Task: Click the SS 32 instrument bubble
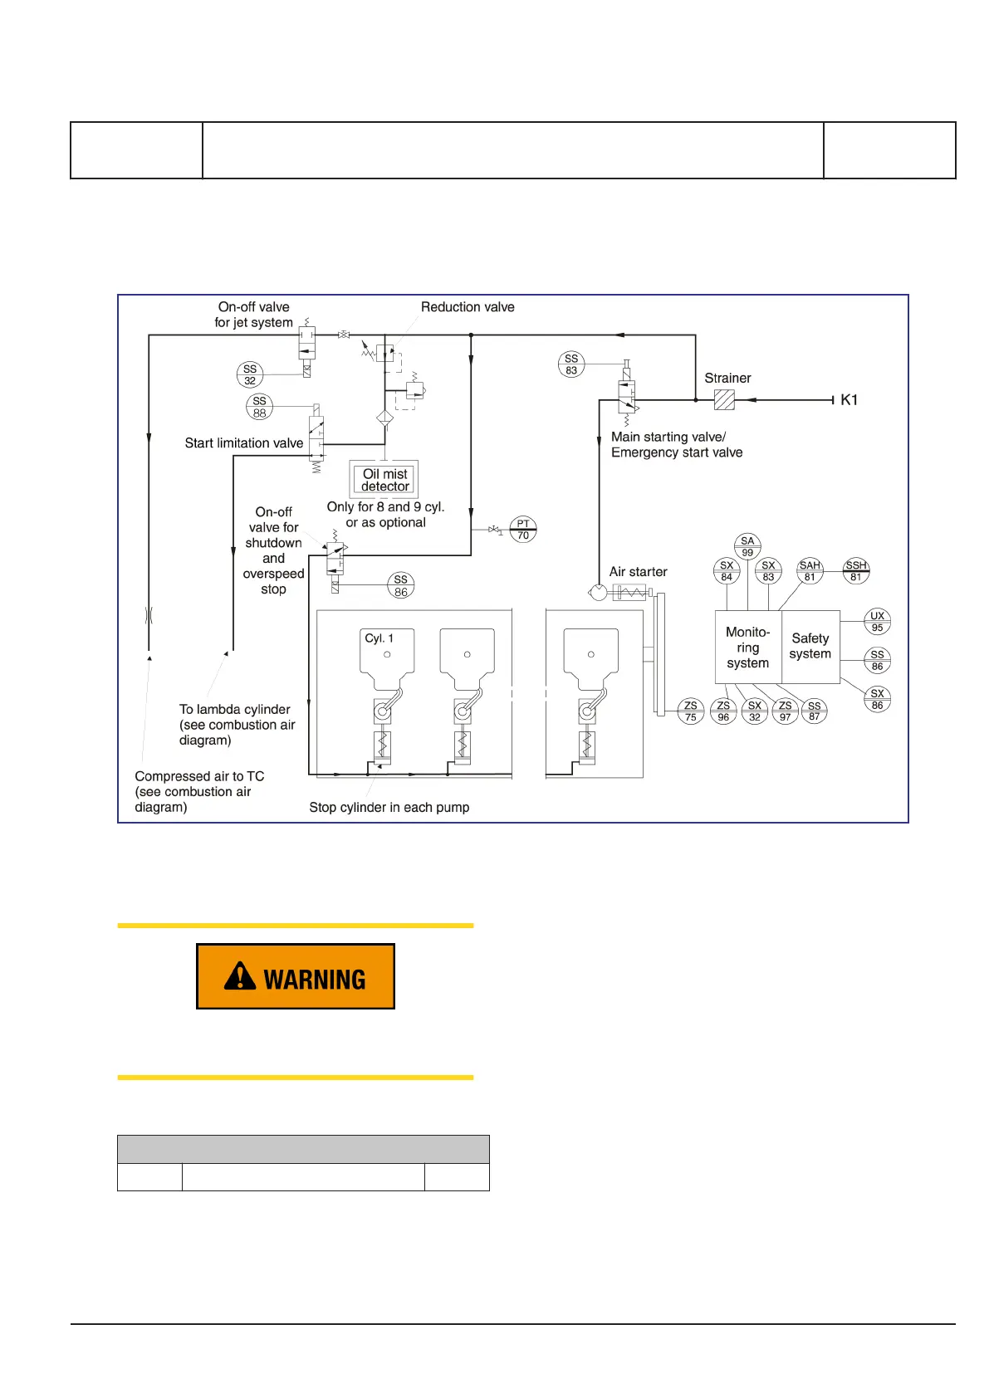[x=250, y=375]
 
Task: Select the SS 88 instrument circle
[x=260, y=407]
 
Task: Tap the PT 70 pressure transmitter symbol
[x=523, y=530]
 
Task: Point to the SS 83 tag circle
[x=571, y=364]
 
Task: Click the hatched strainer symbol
[x=724, y=400]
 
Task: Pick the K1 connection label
[x=849, y=400]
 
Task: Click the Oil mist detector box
[x=384, y=480]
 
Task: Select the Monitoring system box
[x=748, y=648]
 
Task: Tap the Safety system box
[x=810, y=647]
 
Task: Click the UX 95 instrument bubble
[x=877, y=622]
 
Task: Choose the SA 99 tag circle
[x=747, y=546]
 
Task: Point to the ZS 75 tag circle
[x=691, y=711]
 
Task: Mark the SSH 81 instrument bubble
[x=856, y=571]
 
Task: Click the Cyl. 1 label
[x=379, y=638]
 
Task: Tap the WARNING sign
[x=296, y=976]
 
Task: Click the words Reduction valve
[x=468, y=307]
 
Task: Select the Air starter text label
[x=638, y=572]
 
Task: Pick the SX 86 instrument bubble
[x=877, y=699]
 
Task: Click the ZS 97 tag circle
[x=785, y=711]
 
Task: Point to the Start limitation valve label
[x=244, y=443]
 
